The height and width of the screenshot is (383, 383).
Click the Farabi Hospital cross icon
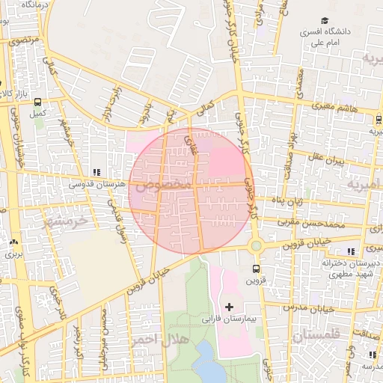coord(228,307)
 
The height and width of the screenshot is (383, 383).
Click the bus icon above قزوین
coord(257,269)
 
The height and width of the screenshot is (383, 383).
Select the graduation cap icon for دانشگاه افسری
coord(325,21)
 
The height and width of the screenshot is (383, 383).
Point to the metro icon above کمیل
coord(37,103)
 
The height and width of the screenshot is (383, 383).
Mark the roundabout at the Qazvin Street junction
coord(257,245)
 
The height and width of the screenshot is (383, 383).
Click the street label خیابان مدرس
coord(325,307)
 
